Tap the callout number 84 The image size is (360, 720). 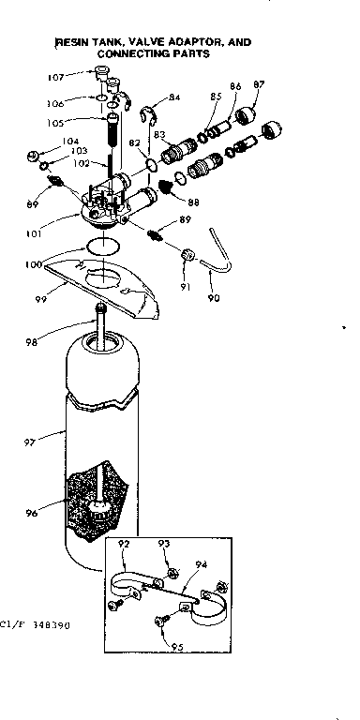pos(174,98)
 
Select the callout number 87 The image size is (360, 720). pos(258,86)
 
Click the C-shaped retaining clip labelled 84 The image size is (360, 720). pos(147,116)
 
